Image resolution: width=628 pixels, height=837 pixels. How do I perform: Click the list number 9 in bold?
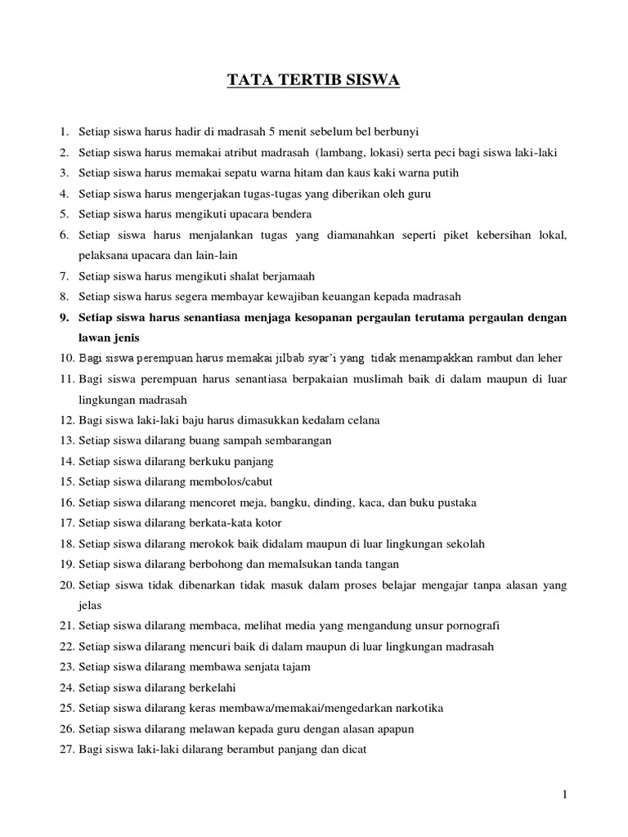coord(63,316)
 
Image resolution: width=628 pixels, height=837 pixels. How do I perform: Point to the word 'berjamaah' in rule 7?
coord(286,275)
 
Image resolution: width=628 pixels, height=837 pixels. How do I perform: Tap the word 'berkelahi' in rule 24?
coord(212,687)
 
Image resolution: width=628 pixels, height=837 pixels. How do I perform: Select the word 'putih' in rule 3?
coord(444,172)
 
